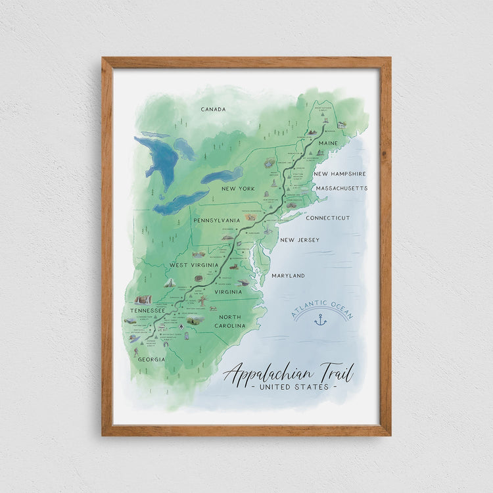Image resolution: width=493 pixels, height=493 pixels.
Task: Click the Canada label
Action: (213, 109)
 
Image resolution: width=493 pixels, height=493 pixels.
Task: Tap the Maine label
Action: (328, 143)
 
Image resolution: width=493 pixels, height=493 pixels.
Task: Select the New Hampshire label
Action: (339, 174)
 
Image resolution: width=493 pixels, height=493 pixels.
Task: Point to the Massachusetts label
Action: (341, 188)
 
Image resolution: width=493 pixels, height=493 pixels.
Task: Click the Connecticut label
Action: (328, 218)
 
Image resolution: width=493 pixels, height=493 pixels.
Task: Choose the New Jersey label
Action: (300, 240)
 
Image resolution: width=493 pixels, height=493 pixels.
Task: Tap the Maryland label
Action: (288, 275)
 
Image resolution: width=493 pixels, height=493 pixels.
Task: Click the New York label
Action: (237, 189)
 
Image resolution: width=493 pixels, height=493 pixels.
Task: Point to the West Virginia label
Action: (193, 265)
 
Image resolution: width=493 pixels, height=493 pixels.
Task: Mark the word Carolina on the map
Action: (229, 325)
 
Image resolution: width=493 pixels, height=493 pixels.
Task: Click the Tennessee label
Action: (147, 310)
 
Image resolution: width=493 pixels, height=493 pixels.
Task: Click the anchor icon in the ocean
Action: (321, 319)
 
